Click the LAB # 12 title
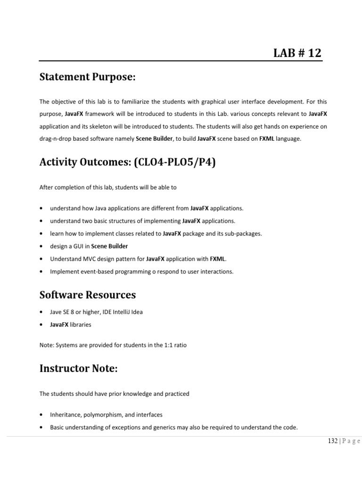coord(297,53)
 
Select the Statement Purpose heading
coord(87,77)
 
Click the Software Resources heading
coord(88,295)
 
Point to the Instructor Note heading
coord(78,369)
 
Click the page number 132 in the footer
coord(333,441)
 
